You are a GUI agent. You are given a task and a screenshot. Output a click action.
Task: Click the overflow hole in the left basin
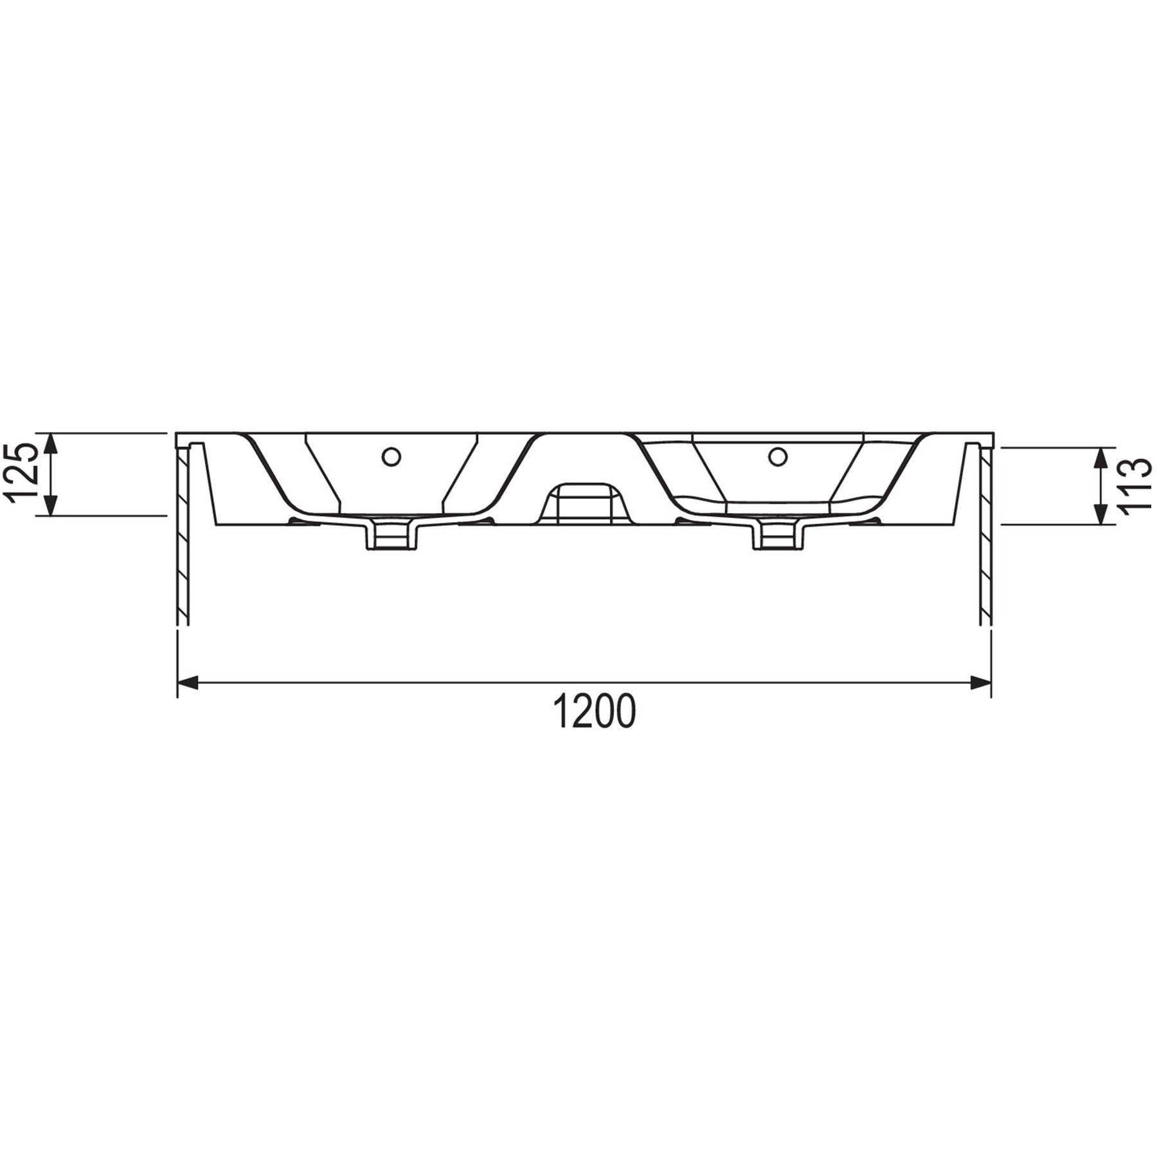click(x=391, y=456)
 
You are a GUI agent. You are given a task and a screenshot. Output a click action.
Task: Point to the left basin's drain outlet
click(x=391, y=534)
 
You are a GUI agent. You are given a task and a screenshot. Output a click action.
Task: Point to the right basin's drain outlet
click(x=778, y=534)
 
